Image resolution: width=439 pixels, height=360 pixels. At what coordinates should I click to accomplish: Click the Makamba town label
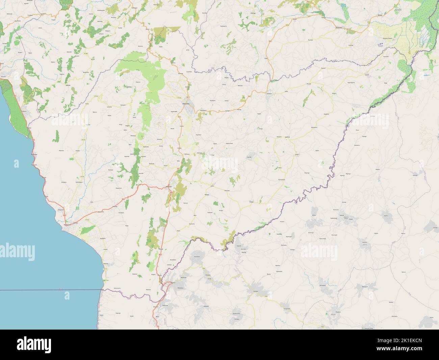186,103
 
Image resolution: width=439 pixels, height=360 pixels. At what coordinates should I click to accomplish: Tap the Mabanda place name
169,187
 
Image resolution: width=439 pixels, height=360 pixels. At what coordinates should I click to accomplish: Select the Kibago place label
207,195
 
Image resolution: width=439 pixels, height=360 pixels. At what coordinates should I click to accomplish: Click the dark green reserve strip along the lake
14,101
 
